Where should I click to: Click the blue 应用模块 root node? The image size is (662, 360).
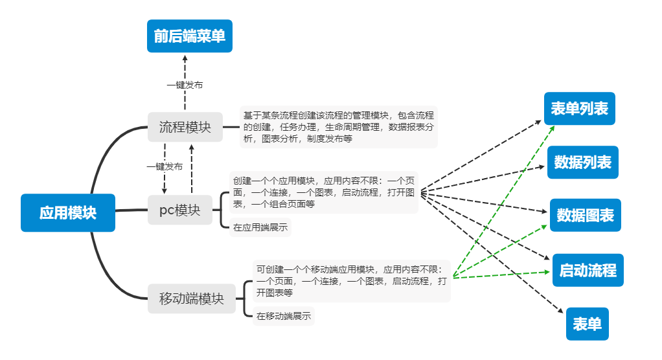click(x=68, y=212)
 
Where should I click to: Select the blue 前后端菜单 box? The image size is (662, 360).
click(x=189, y=36)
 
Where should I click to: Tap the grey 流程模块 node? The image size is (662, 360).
click(x=185, y=128)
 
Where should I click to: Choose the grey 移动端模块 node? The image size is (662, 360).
click(x=192, y=298)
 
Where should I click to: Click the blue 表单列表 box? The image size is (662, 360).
click(x=579, y=108)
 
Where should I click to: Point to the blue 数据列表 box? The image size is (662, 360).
click(x=583, y=162)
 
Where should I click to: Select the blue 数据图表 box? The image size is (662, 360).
click(x=585, y=215)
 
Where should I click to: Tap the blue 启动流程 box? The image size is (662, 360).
click(x=588, y=270)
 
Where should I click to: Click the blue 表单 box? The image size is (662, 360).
click(x=588, y=324)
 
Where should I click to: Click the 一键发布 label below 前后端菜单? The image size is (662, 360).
click(x=185, y=85)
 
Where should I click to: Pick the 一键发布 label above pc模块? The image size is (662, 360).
click(x=165, y=166)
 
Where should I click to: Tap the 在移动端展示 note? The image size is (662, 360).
click(x=283, y=317)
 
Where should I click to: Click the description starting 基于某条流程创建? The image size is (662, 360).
click(x=338, y=126)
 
